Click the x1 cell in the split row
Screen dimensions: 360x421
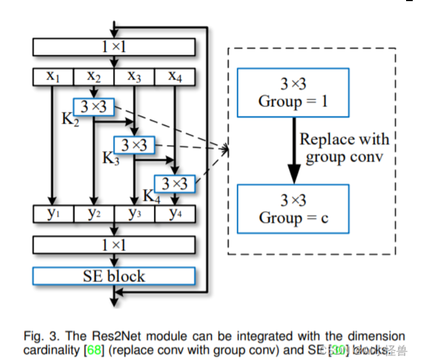[x=53, y=77]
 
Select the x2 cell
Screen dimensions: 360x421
[x=94, y=77]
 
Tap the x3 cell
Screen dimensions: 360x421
[x=134, y=77]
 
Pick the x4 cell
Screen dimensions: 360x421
[x=175, y=77]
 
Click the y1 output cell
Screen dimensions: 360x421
[x=53, y=213]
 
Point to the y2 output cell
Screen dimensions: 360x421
[x=94, y=213]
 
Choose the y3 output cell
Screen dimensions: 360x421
[x=134, y=213]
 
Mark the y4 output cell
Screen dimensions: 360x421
[x=175, y=213]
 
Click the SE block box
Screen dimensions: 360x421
[x=114, y=276]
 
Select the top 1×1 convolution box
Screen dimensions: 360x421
[x=114, y=47]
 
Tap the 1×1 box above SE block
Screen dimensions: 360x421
[x=114, y=244]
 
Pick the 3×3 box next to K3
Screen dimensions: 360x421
[x=134, y=145]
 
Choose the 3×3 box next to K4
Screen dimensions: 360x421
[x=175, y=183]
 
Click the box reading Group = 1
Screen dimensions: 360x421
[x=292, y=93]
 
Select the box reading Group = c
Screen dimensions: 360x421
[x=292, y=209]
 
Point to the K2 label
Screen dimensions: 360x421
[x=70, y=119]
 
